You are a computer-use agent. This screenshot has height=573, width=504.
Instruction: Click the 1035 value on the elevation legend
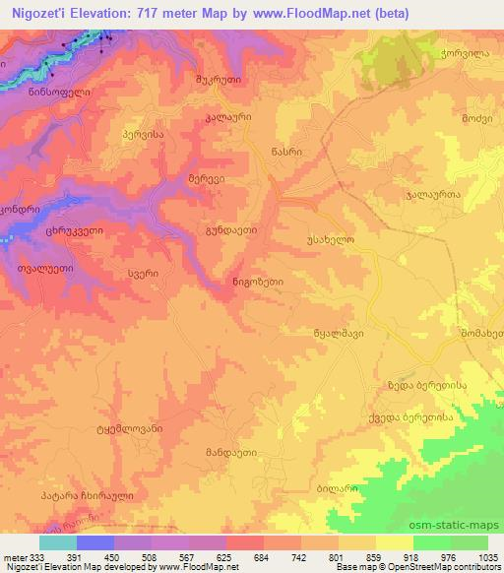click(x=489, y=556)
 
